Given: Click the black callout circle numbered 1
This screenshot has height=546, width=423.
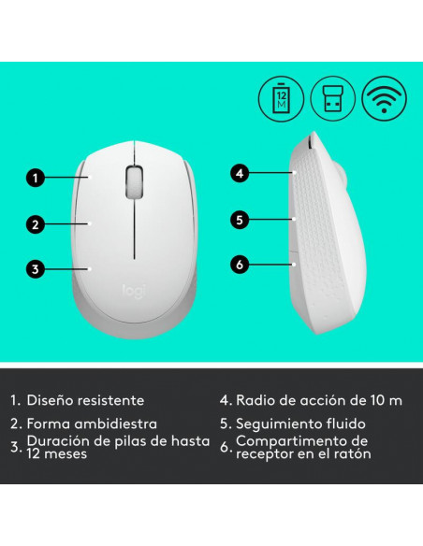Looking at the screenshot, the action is pos(36,178).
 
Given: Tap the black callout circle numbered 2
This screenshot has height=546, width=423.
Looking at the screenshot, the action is pos(36,224).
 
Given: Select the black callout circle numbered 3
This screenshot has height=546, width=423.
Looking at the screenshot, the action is pos(36,269).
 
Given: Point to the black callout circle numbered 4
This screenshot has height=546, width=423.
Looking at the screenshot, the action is pos(240,173).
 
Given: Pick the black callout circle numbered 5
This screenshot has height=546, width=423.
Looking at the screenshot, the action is pos(240,220).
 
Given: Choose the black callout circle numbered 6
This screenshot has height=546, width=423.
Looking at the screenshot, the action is pos(240,265).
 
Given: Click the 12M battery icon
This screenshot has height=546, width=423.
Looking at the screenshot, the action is pos(281,99).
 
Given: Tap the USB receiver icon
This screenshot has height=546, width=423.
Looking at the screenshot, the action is pos(333,98).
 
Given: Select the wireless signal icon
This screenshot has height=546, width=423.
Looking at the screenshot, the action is pos(384,98).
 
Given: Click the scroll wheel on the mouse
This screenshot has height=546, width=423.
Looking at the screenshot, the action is pos(135,182).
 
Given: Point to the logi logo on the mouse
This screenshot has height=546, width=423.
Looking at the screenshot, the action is pos(134,291).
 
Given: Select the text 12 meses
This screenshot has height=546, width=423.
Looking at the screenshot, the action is pos(57,453).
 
